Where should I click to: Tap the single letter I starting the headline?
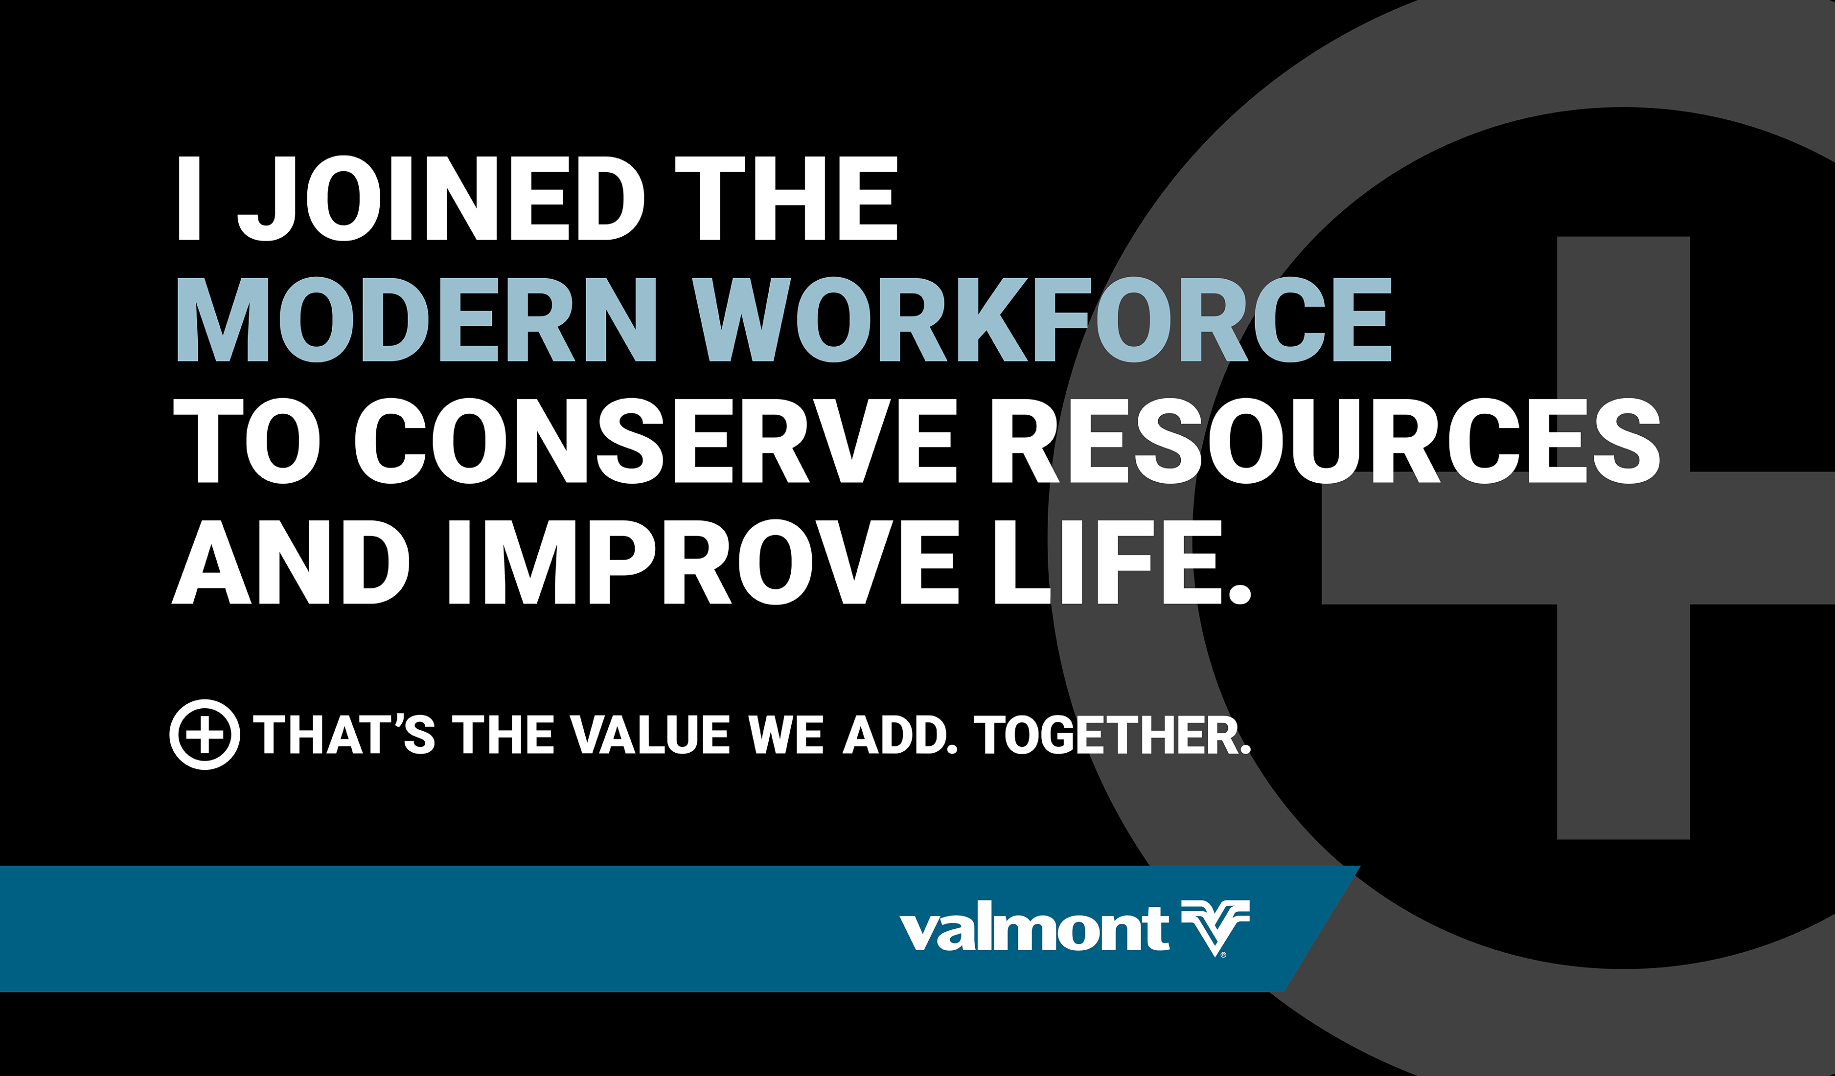(189, 198)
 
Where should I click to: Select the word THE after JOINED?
(786, 198)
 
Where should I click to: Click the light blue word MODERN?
(416, 319)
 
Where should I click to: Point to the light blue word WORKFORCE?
(1042, 319)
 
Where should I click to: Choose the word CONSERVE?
(654, 441)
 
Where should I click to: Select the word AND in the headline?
(291, 561)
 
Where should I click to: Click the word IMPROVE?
(704, 561)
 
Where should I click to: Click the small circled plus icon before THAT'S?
(205, 735)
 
